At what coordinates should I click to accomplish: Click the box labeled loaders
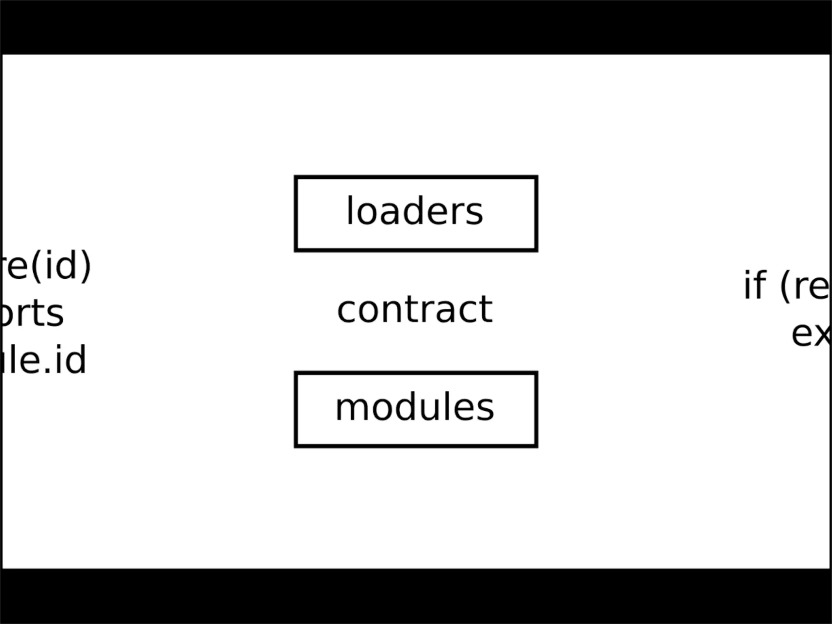coord(416,214)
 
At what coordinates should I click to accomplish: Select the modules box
coord(416,409)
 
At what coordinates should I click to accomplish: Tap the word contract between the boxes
coord(415,310)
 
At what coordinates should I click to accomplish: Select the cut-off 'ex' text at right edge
coord(811,334)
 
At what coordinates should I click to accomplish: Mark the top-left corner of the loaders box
coord(296,178)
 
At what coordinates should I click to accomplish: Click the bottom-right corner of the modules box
coord(536,446)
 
